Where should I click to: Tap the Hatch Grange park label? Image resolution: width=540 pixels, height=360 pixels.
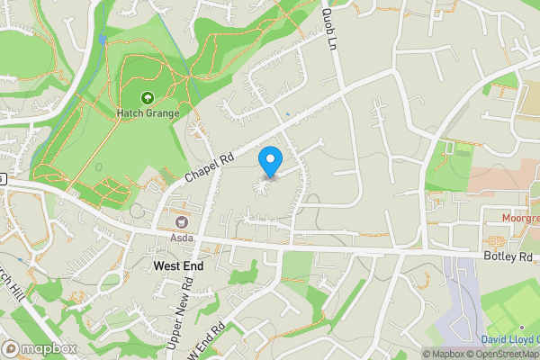[147, 113]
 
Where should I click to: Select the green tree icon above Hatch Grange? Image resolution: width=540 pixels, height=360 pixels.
[147, 98]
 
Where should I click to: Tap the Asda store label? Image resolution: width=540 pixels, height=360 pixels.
[182, 239]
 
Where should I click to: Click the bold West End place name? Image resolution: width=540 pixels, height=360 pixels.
[178, 266]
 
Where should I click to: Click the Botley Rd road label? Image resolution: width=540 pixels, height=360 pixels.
[508, 256]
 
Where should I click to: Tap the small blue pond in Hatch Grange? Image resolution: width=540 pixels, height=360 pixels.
[103, 39]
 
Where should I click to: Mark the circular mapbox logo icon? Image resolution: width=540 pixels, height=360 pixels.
[11, 348]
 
